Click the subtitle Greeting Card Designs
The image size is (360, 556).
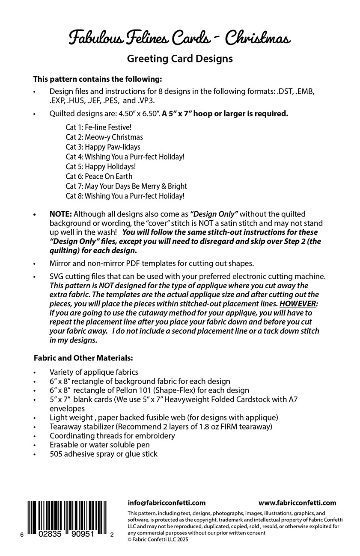180,59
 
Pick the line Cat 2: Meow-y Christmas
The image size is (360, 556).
104,137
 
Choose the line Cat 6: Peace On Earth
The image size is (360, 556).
99,176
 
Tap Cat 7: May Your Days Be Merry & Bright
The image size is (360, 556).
126,186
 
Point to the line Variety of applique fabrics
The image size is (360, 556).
94,372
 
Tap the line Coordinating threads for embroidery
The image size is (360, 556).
112,436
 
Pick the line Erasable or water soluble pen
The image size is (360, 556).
100,445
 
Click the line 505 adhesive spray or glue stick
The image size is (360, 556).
104,454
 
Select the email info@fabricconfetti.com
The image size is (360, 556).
167,503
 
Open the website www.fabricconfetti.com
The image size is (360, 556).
297,503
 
